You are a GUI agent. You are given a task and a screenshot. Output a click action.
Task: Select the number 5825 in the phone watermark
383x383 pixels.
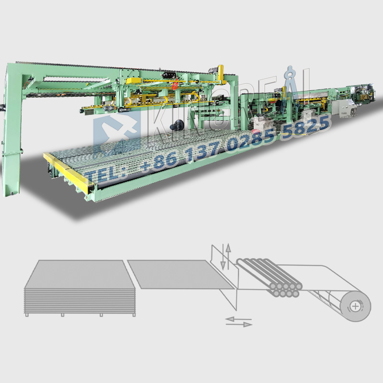click(305, 126)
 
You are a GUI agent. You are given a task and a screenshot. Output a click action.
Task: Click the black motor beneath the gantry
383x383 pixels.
click(177, 125)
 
